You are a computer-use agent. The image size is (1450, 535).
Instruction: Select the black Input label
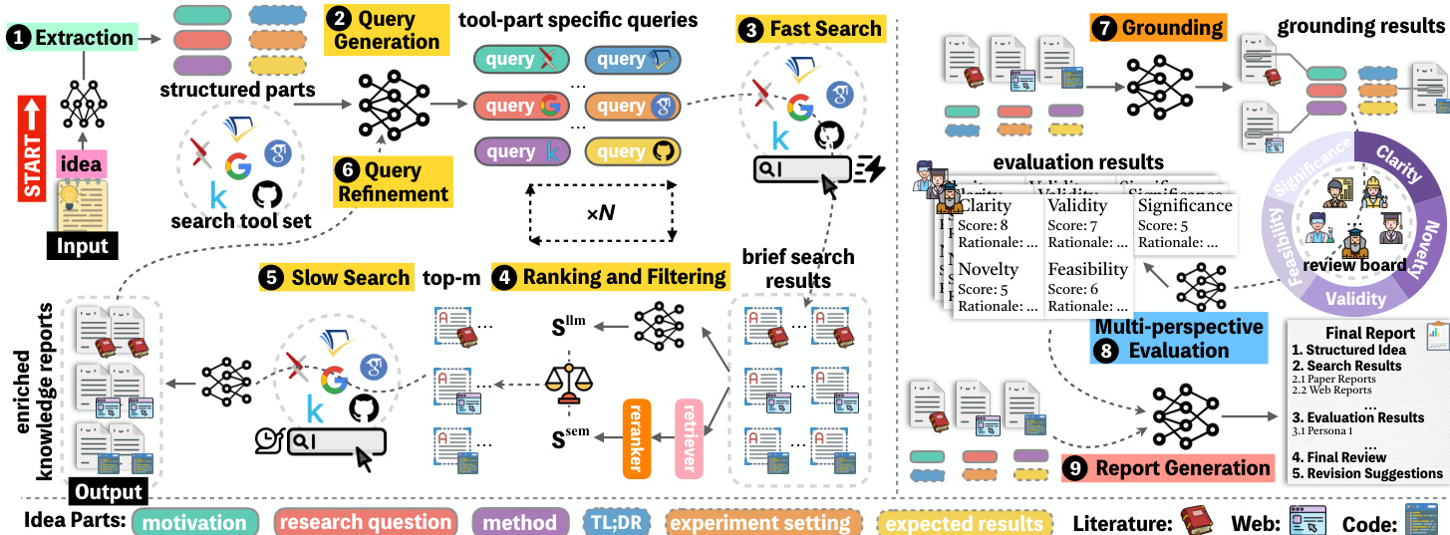84,245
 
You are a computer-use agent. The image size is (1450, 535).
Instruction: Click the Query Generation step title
387,29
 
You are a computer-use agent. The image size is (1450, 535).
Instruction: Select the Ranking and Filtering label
609,277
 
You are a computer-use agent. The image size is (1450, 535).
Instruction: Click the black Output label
108,492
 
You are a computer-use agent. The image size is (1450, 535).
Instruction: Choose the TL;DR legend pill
618,522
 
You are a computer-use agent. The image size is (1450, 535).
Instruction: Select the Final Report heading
1369,333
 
